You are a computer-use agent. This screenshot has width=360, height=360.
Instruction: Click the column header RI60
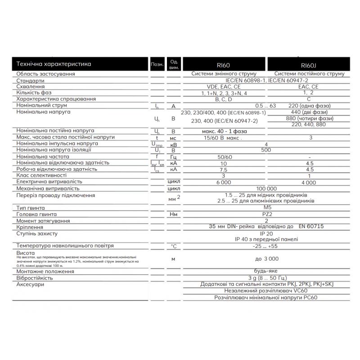pos(223,65)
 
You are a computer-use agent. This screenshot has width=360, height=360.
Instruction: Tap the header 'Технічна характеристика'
pos(54,64)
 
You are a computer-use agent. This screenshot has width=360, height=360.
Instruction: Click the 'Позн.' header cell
pos(157,64)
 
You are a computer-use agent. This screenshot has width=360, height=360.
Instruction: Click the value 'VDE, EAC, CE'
pos(224,86)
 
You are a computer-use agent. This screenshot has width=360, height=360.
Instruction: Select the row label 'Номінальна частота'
pos(43,156)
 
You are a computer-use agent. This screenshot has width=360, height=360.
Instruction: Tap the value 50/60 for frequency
pos(224,157)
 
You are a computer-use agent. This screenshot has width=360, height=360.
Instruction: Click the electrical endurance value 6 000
pos(224,182)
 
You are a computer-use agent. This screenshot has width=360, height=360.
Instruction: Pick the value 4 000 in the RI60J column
pos(309,182)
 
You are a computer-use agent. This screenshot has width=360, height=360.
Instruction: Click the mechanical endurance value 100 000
pos(266,189)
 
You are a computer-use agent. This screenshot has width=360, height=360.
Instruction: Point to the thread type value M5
pos(266,208)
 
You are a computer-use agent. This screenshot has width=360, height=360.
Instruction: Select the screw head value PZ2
pos(266,215)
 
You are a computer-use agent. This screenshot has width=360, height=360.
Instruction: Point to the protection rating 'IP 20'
pos(266,234)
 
